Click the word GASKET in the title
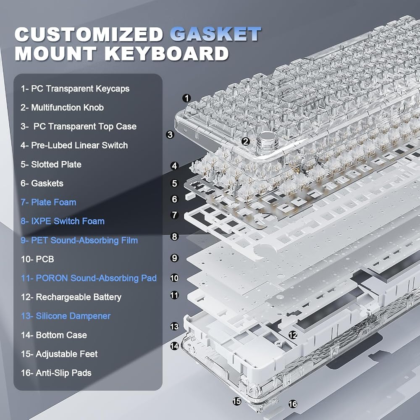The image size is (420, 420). click(x=215, y=34)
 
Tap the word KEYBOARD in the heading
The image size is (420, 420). click(x=167, y=54)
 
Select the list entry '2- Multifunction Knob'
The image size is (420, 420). click(x=62, y=108)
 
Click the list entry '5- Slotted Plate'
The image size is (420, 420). click(x=51, y=165)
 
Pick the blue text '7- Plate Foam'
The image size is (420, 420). click(x=48, y=202)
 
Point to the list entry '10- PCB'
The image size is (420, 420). click(x=37, y=259)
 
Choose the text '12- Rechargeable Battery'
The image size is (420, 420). click(x=71, y=297)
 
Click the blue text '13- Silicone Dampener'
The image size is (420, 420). click(x=66, y=316)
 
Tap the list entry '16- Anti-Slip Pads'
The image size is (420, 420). click(x=56, y=373)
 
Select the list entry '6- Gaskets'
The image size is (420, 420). click(x=42, y=183)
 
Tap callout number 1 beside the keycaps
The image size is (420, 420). click(x=186, y=98)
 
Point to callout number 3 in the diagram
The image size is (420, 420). click(x=170, y=134)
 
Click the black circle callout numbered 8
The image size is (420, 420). click(x=175, y=236)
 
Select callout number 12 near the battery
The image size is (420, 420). click(x=293, y=335)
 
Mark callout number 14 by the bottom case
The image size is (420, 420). click(x=174, y=346)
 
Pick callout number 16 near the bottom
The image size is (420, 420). click(x=293, y=404)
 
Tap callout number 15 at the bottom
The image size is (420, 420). click(x=237, y=401)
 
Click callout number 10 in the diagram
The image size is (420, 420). click(x=174, y=278)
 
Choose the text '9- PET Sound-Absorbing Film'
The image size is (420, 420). click(x=79, y=240)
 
